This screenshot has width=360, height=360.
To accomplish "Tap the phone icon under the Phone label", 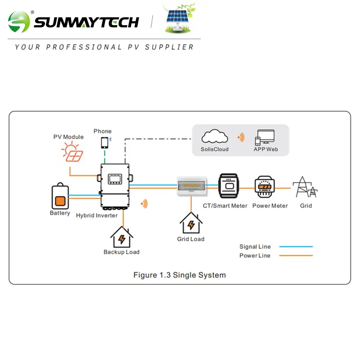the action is tap(104, 143).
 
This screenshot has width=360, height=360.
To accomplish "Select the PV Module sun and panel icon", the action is tap(72, 152).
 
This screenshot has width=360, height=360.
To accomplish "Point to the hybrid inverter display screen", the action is tap(115, 179).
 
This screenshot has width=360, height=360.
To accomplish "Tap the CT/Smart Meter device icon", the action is tap(229, 186).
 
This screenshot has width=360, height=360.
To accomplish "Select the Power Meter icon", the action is tap(265, 187).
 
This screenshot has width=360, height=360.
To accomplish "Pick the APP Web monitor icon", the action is tap(265, 137).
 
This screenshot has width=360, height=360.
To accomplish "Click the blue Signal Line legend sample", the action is tap(296, 247).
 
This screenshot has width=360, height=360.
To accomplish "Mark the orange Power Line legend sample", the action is tap(296, 256).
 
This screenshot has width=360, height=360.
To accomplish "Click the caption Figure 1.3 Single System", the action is tap(180, 275).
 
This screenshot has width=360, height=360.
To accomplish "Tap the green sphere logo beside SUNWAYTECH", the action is tap(19, 22).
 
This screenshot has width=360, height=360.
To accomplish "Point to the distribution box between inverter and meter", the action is tap(192, 186).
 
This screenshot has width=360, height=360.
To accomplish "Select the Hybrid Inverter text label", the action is tap(97, 216).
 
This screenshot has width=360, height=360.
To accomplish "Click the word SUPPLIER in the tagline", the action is tap(170, 47).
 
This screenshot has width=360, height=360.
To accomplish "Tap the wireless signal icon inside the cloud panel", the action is tap(241, 137).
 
